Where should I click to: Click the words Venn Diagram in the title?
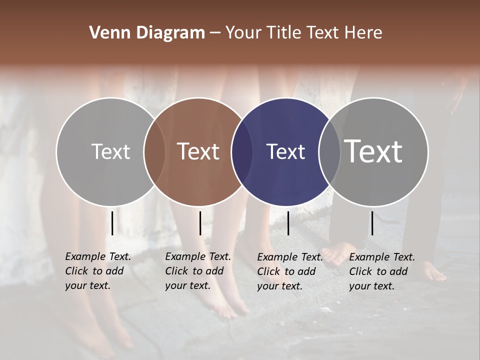click(147, 33)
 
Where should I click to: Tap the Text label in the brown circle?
click(198, 151)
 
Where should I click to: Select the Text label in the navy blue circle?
click(285, 152)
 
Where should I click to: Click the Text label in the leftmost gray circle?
click(110, 151)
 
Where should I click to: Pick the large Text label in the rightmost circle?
click(373, 151)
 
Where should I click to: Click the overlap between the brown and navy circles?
click(242, 152)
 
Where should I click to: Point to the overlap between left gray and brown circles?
click(154, 152)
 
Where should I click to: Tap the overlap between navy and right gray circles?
click(329, 152)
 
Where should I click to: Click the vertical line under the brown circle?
click(200, 223)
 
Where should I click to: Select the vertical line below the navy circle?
click(288, 223)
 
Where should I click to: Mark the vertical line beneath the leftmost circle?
click(112, 223)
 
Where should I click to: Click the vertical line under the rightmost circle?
click(372, 223)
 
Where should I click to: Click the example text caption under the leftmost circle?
click(97, 271)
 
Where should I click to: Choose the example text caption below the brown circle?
click(197, 271)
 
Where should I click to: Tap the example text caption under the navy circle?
click(289, 272)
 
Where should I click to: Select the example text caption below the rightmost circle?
click(381, 272)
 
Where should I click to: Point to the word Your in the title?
click(243, 33)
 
